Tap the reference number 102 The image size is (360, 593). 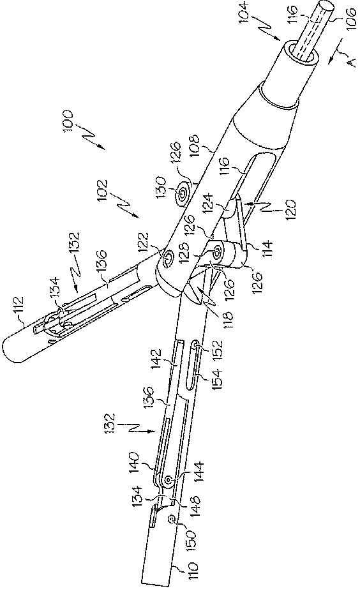[102, 190]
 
